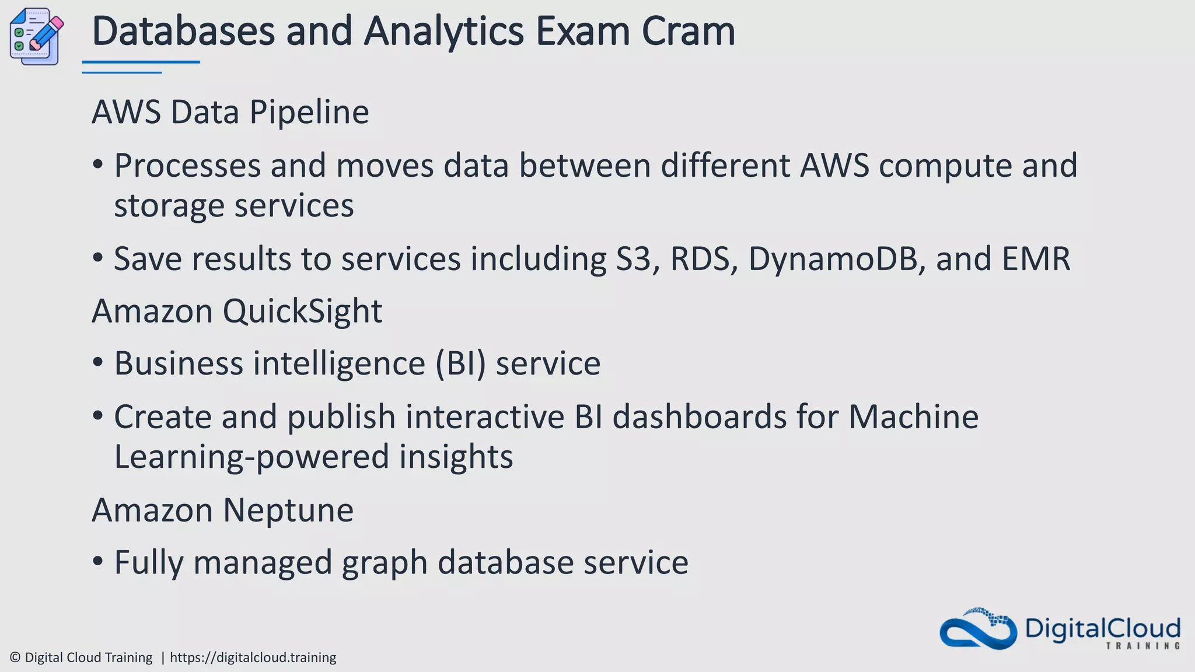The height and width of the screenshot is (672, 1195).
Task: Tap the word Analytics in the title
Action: point(443,32)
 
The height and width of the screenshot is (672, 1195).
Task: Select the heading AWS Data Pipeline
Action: point(230,112)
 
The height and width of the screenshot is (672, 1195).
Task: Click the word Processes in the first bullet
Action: point(187,166)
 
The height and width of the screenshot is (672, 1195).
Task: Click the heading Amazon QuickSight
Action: point(237,311)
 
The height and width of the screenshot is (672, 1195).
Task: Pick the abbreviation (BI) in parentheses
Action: point(460,364)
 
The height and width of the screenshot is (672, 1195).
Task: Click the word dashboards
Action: point(700,417)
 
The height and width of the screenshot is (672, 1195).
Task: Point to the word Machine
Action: point(913,417)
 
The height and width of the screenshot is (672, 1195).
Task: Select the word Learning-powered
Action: point(251,457)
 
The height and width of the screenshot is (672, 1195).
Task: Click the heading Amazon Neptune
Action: point(222,510)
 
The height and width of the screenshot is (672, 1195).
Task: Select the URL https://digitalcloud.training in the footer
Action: point(253,658)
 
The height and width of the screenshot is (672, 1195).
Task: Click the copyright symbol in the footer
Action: point(15,658)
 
